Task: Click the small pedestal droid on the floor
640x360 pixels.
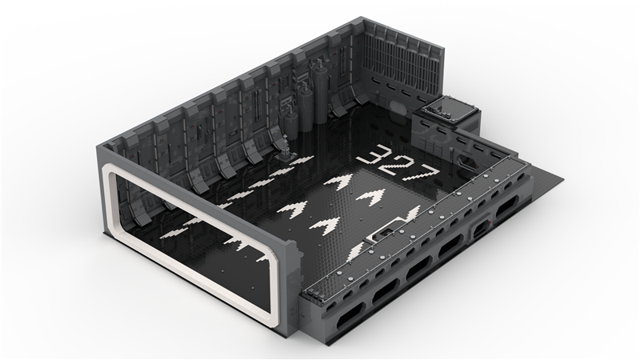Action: pyautogui.click(x=285, y=148)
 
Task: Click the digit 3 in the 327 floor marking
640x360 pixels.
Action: pyautogui.click(x=371, y=154)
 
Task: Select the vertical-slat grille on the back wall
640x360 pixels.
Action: pyautogui.click(x=402, y=64)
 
